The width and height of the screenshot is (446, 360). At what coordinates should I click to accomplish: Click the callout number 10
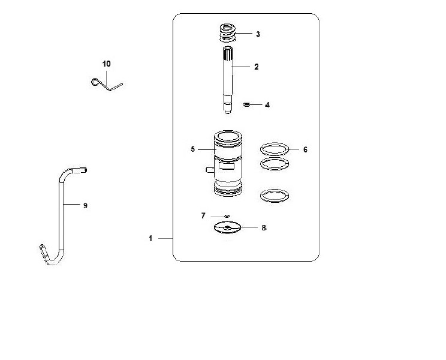[106, 64]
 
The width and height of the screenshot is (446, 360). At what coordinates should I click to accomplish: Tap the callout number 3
[258, 34]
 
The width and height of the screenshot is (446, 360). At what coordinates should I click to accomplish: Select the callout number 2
[257, 67]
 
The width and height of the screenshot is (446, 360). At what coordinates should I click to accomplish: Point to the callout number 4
[267, 105]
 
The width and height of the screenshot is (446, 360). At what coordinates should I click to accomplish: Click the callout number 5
[193, 149]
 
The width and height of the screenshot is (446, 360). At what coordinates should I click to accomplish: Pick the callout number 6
[305, 149]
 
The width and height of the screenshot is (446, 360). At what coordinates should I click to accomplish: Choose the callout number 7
[203, 216]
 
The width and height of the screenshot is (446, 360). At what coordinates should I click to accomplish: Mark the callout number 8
[264, 227]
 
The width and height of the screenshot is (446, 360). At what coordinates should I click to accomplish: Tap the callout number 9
[85, 205]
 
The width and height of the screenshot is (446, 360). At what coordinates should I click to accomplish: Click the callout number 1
[150, 238]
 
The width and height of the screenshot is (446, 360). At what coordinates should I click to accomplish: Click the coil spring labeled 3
[228, 33]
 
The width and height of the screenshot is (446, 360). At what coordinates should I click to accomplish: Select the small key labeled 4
[246, 105]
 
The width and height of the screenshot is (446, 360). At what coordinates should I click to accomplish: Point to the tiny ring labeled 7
[227, 216]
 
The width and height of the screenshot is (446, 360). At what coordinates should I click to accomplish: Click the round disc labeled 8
[227, 227]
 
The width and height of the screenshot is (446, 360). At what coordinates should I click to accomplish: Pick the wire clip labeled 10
[107, 85]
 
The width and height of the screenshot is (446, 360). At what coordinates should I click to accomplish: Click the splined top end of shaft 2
[228, 53]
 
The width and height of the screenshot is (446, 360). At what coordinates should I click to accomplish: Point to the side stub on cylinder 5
[210, 170]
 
